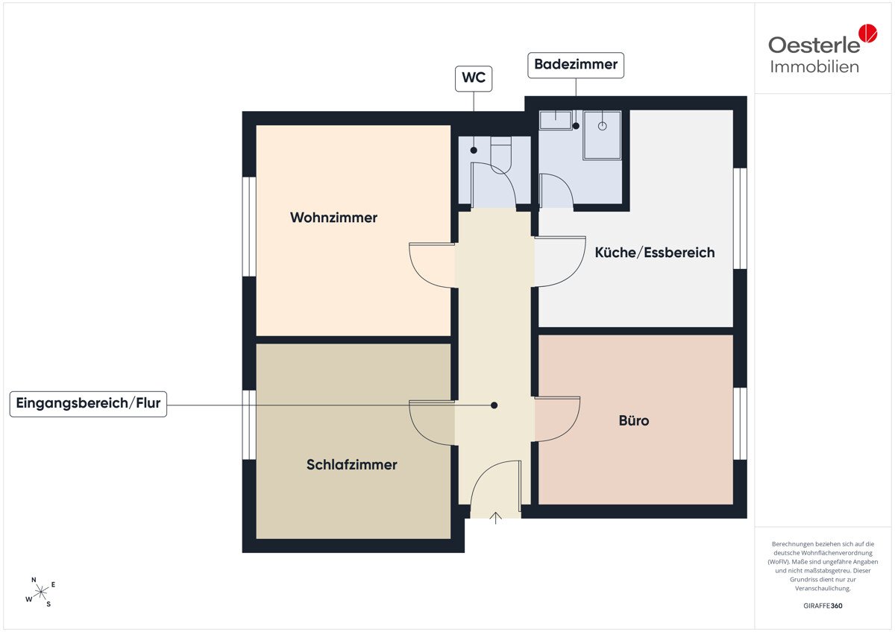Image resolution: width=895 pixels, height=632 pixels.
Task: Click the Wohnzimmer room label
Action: tap(333, 218)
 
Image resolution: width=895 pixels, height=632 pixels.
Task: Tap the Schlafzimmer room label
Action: tap(351, 465)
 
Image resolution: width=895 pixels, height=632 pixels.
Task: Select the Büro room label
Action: tap(634, 420)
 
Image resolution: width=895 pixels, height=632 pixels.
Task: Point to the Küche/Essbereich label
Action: tap(655, 253)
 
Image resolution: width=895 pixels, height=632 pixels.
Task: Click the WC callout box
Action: tap(474, 79)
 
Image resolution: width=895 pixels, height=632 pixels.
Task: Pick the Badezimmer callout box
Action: tap(576, 65)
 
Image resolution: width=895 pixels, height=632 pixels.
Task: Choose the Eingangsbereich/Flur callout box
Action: tap(88, 404)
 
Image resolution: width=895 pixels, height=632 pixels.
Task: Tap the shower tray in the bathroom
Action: tap(602, 136)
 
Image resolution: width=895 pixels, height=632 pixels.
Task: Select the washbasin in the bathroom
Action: tap(556, 120)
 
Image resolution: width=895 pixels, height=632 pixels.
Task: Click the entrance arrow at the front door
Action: tap(495, 518)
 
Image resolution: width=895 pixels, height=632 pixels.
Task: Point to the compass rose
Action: tap(41, 592)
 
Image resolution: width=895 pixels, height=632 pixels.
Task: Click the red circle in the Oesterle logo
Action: tap(868, 33)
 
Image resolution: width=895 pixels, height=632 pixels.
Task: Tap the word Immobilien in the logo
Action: tap(814, 67)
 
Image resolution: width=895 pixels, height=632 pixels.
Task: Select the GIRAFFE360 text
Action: tap(823, 606)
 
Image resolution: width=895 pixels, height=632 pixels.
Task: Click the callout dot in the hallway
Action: tap(494, 405)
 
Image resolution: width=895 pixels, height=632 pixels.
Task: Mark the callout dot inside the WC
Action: tap(474, 151)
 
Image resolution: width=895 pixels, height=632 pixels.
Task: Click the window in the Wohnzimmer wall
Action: tap(249, 227)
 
